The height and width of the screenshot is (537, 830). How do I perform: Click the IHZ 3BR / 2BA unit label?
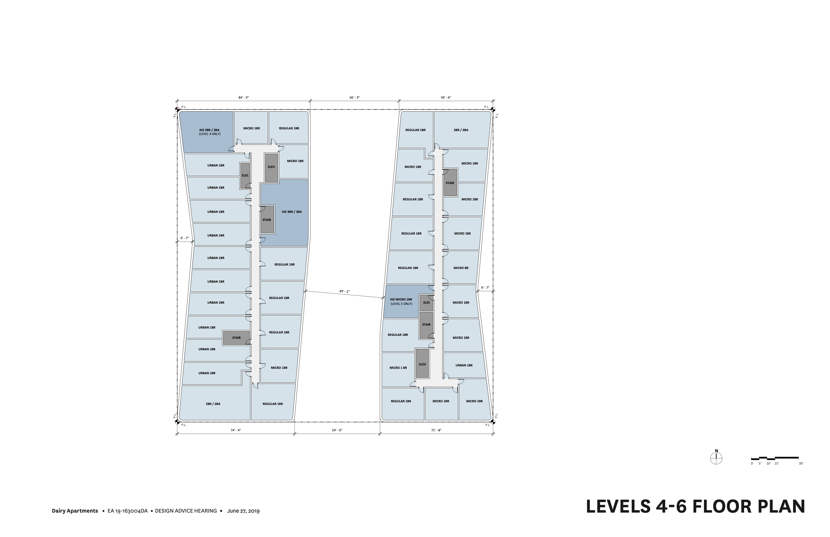click(x=291, y=212)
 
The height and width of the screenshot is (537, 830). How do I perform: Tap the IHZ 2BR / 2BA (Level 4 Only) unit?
click(x=209, y=132)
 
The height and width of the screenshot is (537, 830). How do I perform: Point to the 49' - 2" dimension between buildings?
click(x=344, y=291)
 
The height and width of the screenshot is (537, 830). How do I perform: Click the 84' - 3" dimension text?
click(x=243, y=98)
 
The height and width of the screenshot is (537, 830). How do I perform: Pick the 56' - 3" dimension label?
click(x=354, y=98)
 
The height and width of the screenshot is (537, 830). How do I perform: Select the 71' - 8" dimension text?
click(x=436, y=430)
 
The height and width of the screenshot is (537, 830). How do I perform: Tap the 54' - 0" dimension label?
click(x=337, y=430)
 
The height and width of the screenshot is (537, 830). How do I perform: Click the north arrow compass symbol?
click(x=716, y=459)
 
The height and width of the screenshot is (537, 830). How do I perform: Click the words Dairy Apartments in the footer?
click(x=75, y=511)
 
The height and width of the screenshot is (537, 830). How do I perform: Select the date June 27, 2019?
click(x=243, y=511)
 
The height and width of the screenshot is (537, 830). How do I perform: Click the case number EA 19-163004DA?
click(x=128, y=511)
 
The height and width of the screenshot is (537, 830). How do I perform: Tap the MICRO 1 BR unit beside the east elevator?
click(x=398, y=368)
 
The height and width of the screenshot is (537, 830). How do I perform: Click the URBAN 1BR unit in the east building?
click(x=464, y=365)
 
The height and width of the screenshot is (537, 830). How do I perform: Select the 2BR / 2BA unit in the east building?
click(x=461, y=130)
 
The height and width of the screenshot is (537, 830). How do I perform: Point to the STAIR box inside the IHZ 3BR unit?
click(x=267, y=220)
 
